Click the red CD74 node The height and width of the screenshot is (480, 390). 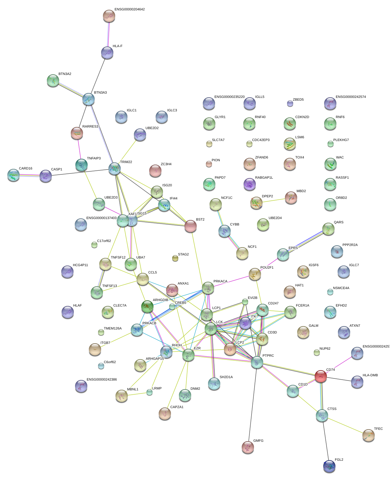[321, 376]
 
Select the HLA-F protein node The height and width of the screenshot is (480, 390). [107, 53]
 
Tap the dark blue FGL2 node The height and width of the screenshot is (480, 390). [329, 466]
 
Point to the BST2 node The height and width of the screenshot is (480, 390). [191, 226]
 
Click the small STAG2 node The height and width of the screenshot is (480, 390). [175, 259]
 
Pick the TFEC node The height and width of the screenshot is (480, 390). [369, 435]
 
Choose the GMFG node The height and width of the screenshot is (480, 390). [248, 447]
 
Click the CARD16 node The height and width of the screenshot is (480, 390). [13, 175]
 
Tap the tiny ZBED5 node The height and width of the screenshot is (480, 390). [290, 103]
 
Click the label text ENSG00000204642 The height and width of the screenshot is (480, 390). [130, 9]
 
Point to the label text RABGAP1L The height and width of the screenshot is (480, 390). [264, 178]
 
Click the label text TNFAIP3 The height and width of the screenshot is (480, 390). [94, 158]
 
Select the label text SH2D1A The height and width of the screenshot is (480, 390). [226, 377]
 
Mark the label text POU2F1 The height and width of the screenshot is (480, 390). [267, 268]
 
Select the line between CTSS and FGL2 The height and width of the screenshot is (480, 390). [325, 441]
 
